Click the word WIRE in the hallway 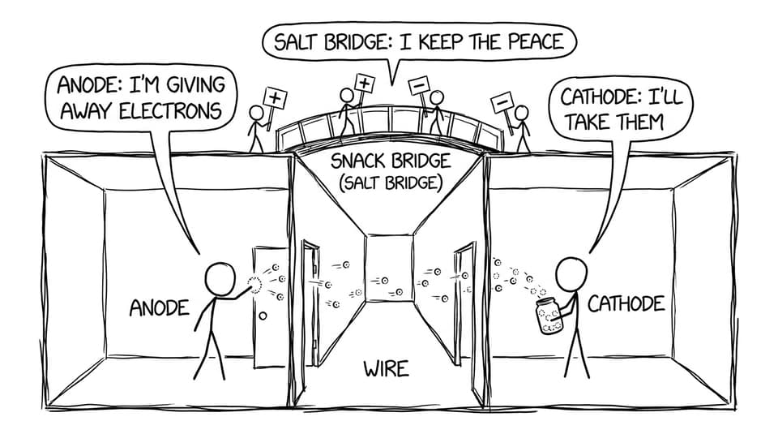pos(386,369)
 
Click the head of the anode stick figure pos(220,280)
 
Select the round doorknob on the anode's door pos(263,316)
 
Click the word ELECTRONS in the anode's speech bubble pos(170,110)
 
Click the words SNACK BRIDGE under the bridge pos(391,161)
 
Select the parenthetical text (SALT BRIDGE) pos(391,183)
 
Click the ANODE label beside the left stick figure pos(160,308)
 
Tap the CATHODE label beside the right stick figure pos(626,303)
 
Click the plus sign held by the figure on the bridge pos(364,83)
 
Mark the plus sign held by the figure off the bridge pos(276,98)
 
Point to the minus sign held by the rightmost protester pos(502,102)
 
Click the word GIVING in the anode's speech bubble pos(196,85)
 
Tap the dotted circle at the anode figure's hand pos(254,285)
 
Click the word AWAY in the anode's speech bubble pos(87,110)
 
